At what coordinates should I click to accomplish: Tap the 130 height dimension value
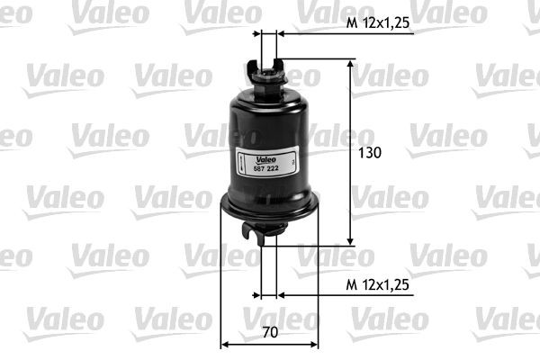pyautogui.click(x=370, y=152)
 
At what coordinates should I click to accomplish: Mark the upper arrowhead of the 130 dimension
pyautogui.click(x=351, y=66)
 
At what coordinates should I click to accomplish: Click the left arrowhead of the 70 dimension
pyautogui.click(x=226, y=343)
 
